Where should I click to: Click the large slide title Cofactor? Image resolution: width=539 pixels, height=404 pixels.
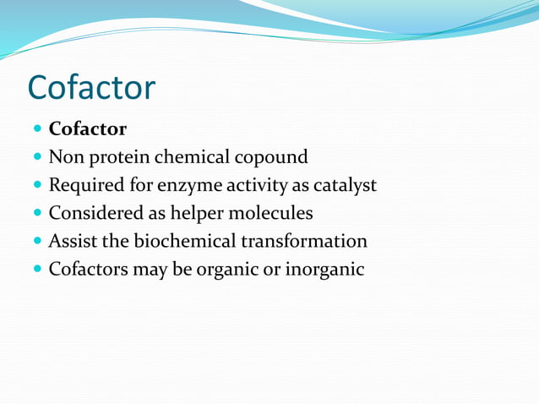click(91, 87)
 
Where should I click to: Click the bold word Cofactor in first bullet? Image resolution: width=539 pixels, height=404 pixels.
click(88, 129)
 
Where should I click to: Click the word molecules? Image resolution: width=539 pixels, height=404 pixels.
click(270, 213)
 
